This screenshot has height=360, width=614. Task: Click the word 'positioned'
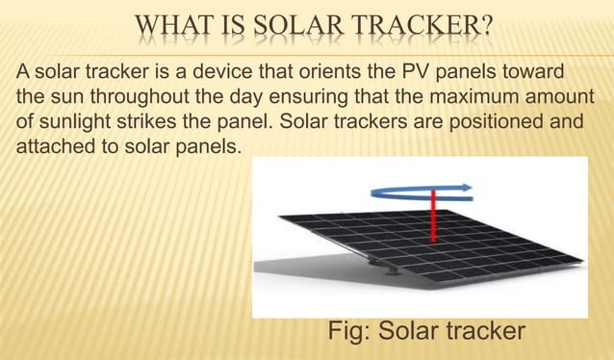pos(499,125)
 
